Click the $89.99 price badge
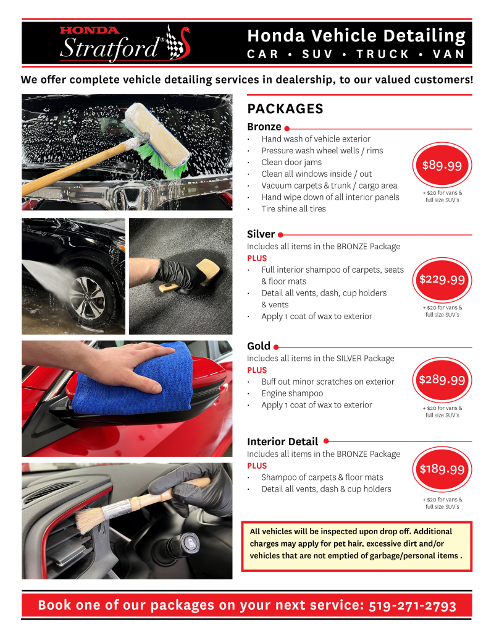(442, 165)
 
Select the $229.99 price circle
(442, 279)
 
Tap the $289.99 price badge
(442, 380)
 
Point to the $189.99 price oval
(442, 469)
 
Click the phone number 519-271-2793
(412, 605)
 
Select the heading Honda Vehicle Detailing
(356, 36)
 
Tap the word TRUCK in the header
(383, 54)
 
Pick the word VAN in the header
(449, 54)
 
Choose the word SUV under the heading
(317, 54)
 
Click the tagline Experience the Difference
(135, 67)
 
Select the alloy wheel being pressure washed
(88, 295)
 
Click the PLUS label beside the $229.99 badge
(257, 258)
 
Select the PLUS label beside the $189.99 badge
(257, 466)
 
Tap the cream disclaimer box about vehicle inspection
(356, 544)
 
